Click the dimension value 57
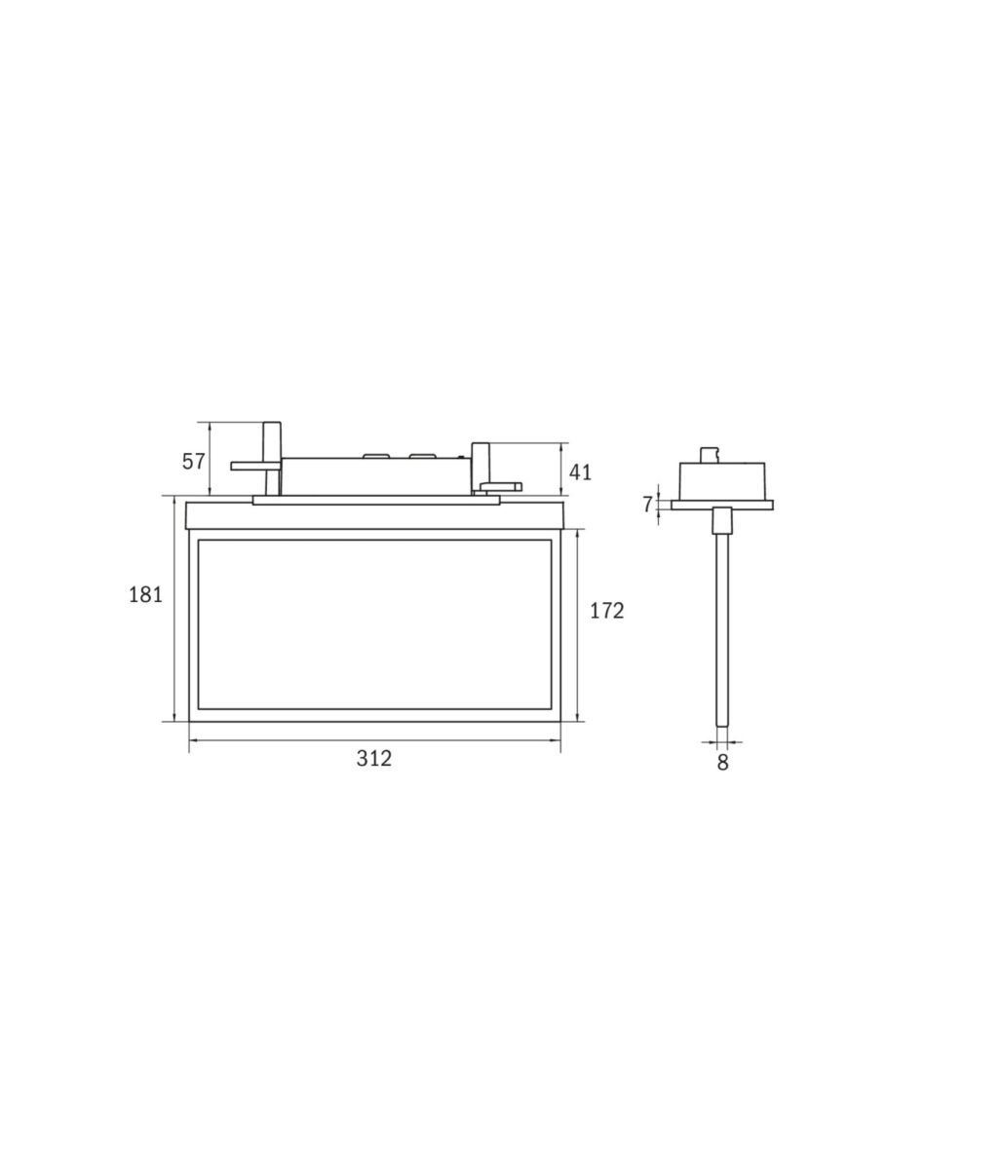[194, 462]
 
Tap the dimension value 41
[580, 472]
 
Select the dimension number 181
[145, 594]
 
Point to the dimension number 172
[606, 611]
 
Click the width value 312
[373, 758]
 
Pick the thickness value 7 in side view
[647, 505]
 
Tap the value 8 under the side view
[722, 763]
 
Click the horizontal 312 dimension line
[292, 741]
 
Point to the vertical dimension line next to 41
[561, 469]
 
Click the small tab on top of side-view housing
[710, 454]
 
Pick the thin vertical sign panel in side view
[721, 633]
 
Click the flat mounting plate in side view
[721, 505]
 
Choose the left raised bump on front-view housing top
[375, 455]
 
